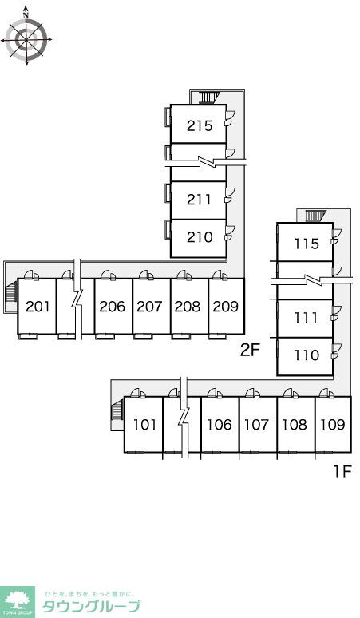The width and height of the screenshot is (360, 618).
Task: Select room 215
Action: (x=199, y=124)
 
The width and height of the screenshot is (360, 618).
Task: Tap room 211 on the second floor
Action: (x=199, y=200)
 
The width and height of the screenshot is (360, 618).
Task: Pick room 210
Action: (x=199, y=239)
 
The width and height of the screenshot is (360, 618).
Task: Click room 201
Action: (x=37, y=307)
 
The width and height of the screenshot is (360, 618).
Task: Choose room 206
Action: (x=113, y=307)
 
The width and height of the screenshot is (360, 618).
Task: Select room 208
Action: (x=189, y=307)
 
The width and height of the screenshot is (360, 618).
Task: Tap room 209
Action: (x=227, y=307)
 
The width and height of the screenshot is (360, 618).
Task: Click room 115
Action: (x=305, y=242)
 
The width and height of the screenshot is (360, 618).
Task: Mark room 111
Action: (x=305, y=319)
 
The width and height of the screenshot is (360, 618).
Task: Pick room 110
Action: (x=305, y=356)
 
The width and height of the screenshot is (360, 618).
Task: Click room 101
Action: (x=144, y=425)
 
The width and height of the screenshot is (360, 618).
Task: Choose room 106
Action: (x=220, y=425)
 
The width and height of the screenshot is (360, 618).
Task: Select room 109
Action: (x=333, y=425)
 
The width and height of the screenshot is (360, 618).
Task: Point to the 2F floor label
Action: (x=251, y=350)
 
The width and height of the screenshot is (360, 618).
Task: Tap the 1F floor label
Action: (x=342, y=471)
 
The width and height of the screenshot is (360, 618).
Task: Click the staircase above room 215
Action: (x=208, y=97)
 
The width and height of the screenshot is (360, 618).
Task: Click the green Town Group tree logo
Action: (x=18, y=602)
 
